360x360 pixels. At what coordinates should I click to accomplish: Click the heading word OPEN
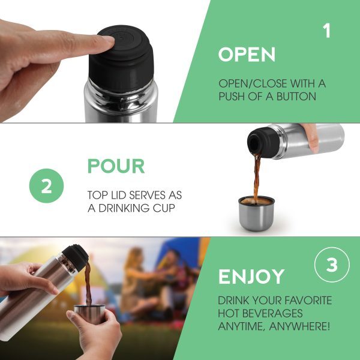pyautogui.click(x=247, y=55)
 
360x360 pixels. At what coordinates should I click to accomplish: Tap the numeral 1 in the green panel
pyautogui.click(x=327, y=31)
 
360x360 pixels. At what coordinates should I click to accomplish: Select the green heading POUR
pyautogui.click(x=116, y=166)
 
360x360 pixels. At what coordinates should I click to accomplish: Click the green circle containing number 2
pyautogui.click(x=46, y=186)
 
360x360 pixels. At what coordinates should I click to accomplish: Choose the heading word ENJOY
pyautogui.click(x=251, y=277)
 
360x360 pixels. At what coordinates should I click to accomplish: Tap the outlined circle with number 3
pyautogui.click(x=332, y=265)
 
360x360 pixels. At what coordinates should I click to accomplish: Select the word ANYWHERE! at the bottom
pyautogui.click(x=299, y=326)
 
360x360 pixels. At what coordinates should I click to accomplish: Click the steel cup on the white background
pyautogui.click(x=256, y=214)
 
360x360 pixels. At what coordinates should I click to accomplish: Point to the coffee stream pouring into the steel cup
pyautogui.click(x=257, y=178)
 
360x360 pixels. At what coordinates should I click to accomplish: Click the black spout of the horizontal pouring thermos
pyautogui.click(x=263, y=142)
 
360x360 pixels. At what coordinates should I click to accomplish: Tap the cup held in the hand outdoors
pyautogui.click(x=89, y=313)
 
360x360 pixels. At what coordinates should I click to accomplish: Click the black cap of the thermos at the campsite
pyautogui.click(x=76, y=257)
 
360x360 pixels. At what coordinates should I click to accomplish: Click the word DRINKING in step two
pyautogui.click(x=124, y=208)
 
